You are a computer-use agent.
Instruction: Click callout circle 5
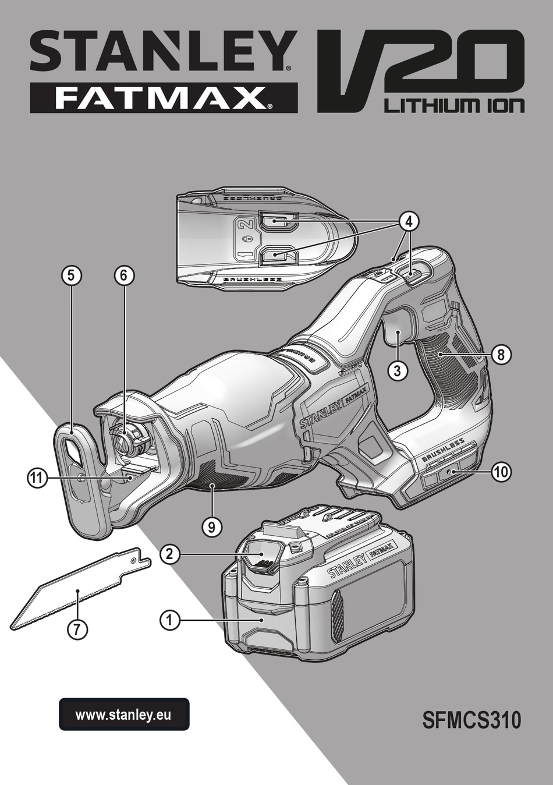click(71, 276)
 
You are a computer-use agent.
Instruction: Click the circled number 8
click(501, 355)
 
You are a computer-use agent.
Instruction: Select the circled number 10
click(501, 472)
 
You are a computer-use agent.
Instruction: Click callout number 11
click(37, 477)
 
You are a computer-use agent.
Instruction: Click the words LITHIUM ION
click(454, 105)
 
